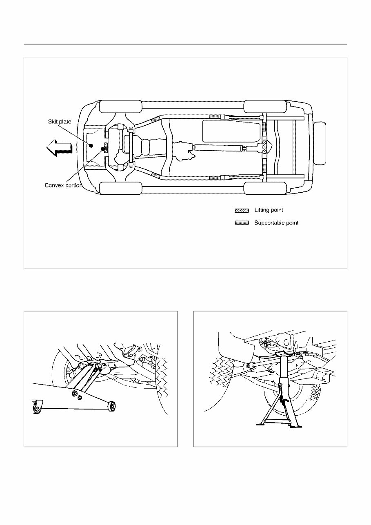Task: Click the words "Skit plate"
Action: tap(60, 122)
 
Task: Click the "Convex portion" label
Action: tap(63, 185)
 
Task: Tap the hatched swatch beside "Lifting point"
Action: tap(241, 211)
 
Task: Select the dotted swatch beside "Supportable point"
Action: tap(241, 223)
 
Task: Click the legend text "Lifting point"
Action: tap(269, 210)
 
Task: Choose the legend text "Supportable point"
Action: tap(276, 223)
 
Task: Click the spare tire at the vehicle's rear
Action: tap(321, 143)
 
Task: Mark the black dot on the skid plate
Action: tap(91, 146)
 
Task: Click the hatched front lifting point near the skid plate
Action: tap(106, 146)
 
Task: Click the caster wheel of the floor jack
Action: tap(38, 408)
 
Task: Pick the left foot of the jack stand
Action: tap(261, 425)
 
